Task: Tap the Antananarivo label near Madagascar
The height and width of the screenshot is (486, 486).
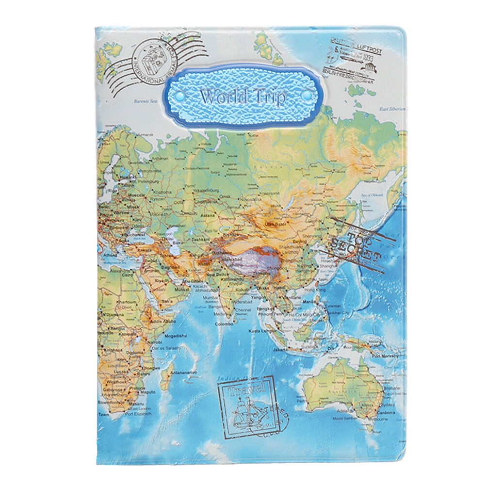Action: [x=183, y=373]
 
